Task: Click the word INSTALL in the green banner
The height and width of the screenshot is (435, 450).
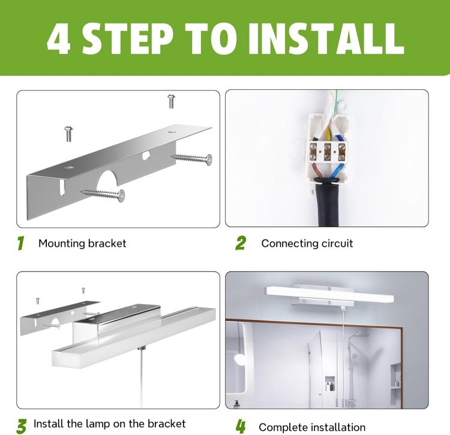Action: tap(326, 38)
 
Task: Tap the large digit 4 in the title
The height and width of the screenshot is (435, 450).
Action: tap(59, 39)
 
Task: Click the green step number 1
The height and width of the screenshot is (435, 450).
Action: tap(20, 243)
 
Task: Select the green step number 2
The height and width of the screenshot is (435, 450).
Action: tap(241, 243)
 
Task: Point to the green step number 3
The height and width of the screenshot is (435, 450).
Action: tap(22, 426)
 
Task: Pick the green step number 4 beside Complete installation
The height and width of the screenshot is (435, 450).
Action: tap(241, 427)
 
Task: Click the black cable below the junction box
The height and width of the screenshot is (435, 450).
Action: tap(328, 204)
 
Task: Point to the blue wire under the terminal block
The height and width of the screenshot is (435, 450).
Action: tap(335, 170)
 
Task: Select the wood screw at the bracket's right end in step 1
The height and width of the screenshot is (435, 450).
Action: tap(192, 158)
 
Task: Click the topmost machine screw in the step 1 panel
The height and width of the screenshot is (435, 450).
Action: tap(172, 101)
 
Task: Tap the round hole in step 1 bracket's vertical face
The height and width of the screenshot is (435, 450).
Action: tap(146, 156)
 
